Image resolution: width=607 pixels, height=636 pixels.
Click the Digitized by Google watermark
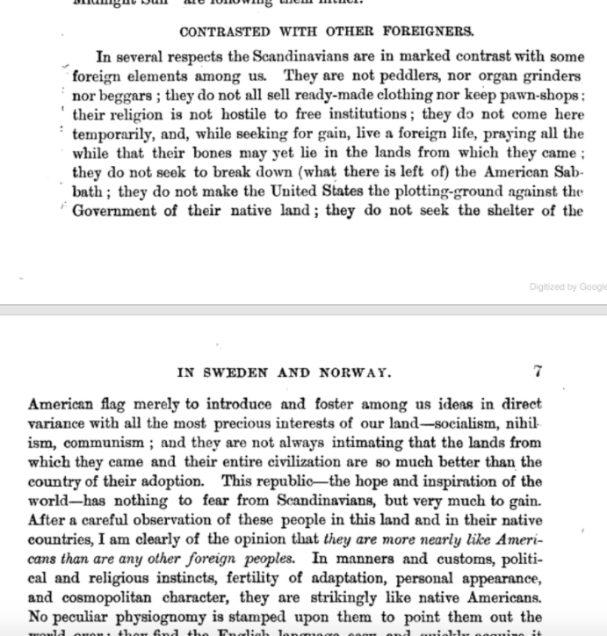coord(567,286)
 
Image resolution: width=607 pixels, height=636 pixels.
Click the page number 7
coord(538,372)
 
